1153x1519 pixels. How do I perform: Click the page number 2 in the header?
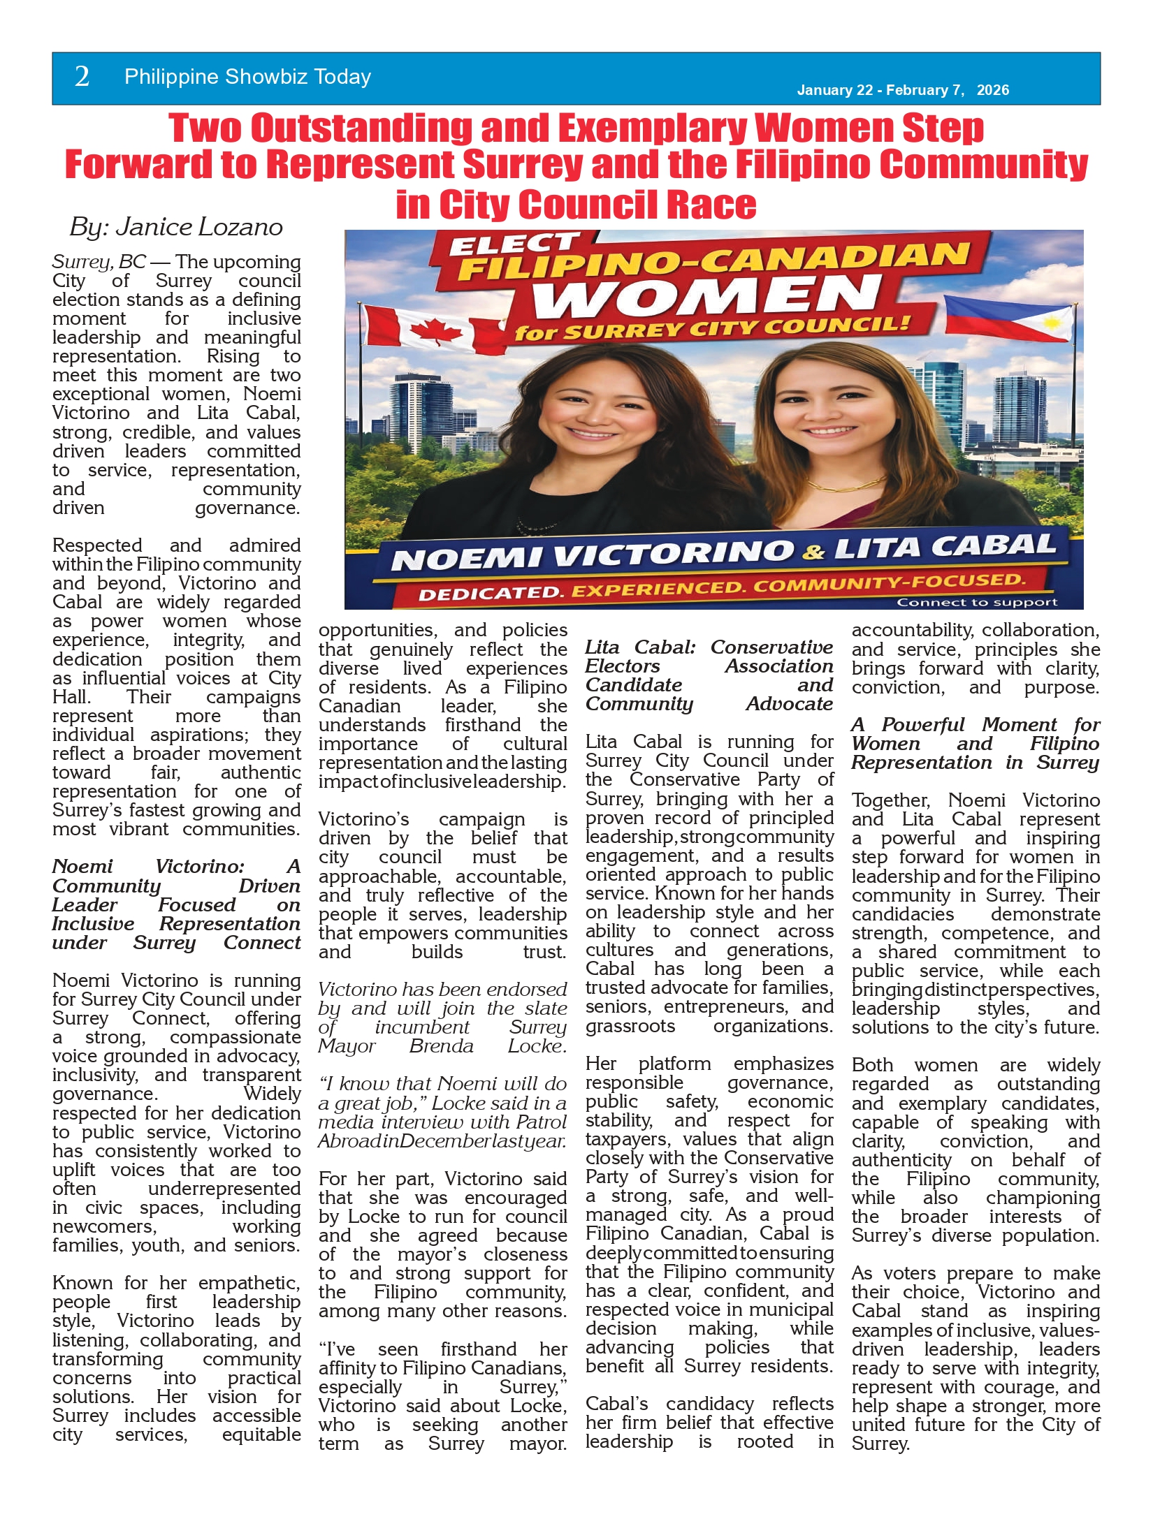(82, 77)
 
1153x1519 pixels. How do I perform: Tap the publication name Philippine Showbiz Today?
(247, 77)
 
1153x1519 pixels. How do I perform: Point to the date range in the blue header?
(903, 90)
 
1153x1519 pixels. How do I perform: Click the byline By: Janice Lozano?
(176, 227)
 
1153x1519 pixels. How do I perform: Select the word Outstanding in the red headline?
(377, 128)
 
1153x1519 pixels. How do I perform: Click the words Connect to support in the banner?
(977, 602)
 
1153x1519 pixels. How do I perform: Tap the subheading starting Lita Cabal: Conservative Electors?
(709, 675)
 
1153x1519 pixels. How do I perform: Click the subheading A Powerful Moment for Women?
(975, 743)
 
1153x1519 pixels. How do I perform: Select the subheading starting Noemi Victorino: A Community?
(176, 904)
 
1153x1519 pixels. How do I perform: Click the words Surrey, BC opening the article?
(99, 262)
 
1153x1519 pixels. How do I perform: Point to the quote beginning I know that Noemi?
(442, 1112)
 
